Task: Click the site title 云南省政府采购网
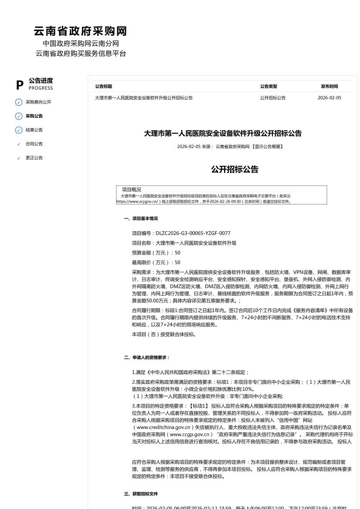coord(80,31)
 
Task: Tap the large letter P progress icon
coord(20,85)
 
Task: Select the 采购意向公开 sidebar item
coord(38,102)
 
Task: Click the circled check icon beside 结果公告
coord(19,130)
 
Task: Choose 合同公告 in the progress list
coord(34,144)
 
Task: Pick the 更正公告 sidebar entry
coord(34,158)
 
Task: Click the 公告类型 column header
coord(268,87)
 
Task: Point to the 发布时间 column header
coord(329,87)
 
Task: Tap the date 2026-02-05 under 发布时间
coord(329,98)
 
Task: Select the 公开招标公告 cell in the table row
coord(273,98)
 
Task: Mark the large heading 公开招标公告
coord(235,169)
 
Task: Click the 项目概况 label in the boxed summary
coord(132,190)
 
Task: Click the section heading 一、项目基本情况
coord(141,219)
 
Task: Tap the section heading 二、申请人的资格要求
coord(147,358)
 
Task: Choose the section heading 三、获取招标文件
coord(141,494)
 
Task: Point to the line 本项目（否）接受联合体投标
coord(164,335)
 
